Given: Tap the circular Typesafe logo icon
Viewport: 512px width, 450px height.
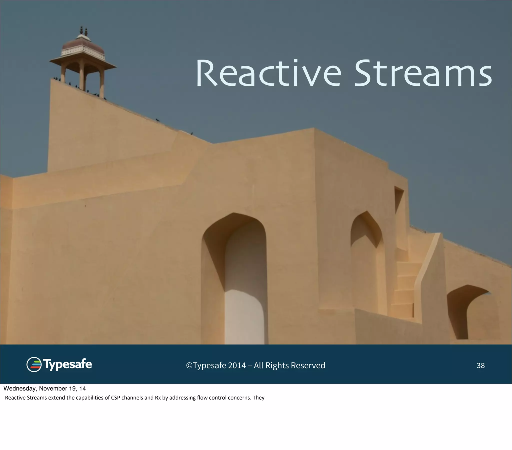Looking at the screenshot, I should pos(34,364).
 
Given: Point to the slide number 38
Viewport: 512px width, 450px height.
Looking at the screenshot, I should pos(480,365).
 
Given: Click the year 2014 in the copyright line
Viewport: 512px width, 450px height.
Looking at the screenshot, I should pos(237,365).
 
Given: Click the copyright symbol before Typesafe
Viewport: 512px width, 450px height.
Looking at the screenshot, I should pos(189,365).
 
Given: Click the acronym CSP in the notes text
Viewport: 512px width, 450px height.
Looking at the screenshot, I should pos(115,398).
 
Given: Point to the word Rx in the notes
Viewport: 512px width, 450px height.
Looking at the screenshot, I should pos(158,398).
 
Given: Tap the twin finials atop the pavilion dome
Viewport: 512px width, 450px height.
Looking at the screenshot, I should pos(83,31).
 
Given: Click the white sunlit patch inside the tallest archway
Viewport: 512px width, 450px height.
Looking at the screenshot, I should pos(244,317).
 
